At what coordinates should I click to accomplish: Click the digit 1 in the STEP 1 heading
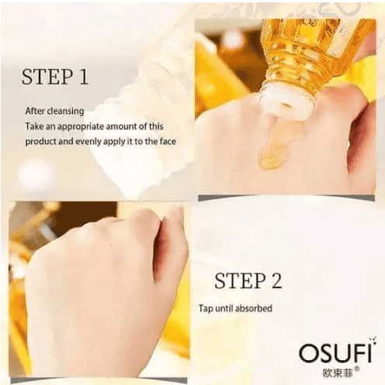83,77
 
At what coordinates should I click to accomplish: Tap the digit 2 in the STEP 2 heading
276,281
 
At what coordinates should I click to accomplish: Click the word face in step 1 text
168,141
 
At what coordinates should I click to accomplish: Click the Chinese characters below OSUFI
338,373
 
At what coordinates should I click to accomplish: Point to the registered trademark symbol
356,369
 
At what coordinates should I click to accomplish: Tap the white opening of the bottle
285,103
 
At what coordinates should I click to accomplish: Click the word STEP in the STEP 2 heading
240,281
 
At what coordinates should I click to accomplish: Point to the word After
35,111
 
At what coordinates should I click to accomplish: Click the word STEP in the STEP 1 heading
47,77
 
